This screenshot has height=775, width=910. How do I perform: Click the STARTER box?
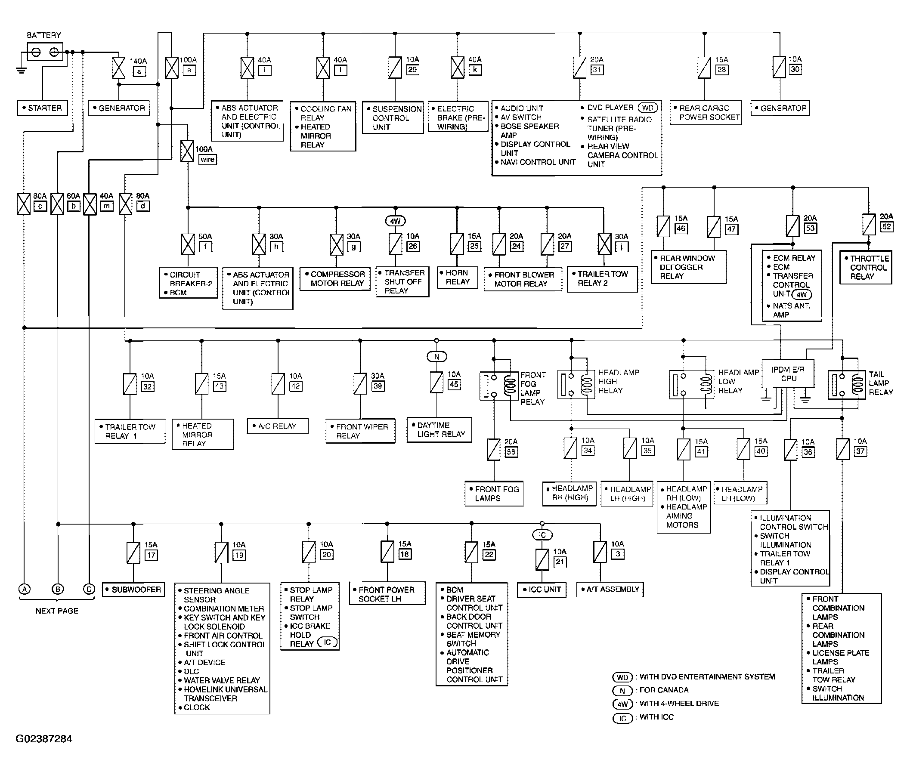(43, 108)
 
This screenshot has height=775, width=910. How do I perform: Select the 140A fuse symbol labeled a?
(118, 68)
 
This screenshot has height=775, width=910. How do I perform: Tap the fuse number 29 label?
(412, 69)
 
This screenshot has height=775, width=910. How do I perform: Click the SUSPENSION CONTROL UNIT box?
(393, 117)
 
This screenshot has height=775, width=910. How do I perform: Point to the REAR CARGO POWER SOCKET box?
(706, 112)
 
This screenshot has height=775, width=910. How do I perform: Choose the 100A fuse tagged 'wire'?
(188, 151)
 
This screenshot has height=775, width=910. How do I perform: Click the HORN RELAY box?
(457, 278)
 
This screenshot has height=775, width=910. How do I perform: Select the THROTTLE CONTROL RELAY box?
(866, 267)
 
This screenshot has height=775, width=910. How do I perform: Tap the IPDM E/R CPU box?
(787, 374)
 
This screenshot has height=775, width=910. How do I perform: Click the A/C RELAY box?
(278, 426)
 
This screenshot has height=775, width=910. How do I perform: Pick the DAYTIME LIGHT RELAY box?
(439, 430)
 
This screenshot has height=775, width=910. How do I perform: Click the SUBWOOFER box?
(133, 589)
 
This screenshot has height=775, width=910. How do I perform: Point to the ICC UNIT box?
(542, 590)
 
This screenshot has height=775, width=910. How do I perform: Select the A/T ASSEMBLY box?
(610, 589)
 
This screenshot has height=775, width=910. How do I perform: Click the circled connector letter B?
(58, 589)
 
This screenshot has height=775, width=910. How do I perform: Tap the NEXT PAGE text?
(57, 611)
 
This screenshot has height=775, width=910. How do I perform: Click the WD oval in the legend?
(622, 677)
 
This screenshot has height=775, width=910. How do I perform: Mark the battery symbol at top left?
(45, 52)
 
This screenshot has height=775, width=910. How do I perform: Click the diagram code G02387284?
(44, 738)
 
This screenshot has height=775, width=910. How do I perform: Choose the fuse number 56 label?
(511, 452)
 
